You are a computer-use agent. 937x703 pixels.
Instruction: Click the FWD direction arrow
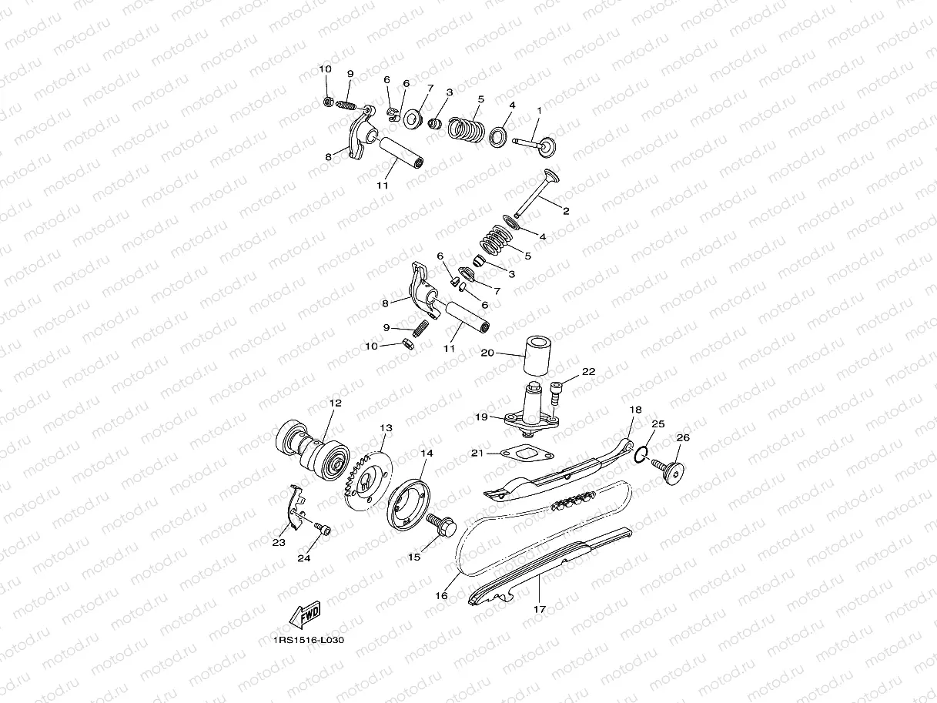[x=303, y=614]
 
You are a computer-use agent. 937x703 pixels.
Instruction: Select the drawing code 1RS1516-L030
[x=307, y=639]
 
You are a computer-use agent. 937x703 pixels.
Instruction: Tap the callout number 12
[x=335, y=403]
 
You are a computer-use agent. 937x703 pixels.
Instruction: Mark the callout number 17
[x=539, y=608]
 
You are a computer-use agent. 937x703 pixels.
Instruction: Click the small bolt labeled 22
[x=557, y=392]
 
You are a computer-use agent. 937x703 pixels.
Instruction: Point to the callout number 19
[x=482, y=417]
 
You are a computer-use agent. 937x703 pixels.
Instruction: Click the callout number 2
[x=565, y=210]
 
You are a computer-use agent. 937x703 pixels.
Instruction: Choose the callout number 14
[x=426, y=454]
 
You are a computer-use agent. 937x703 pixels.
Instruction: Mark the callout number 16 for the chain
[x=441, y=595]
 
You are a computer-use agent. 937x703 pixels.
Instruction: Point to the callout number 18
[x=635, y=410]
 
